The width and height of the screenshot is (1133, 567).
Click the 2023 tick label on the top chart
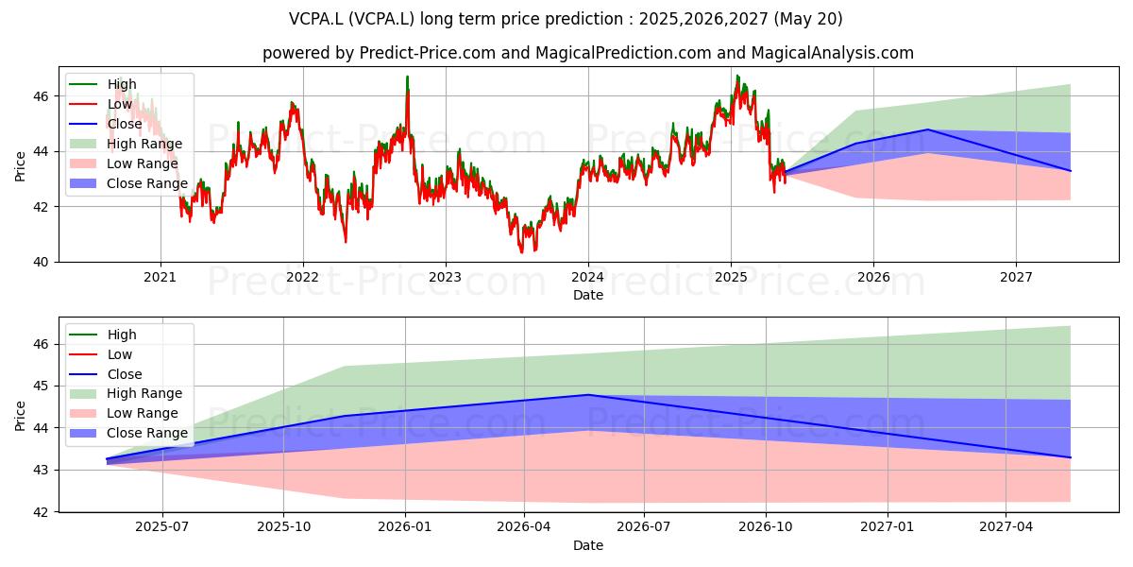click(445, 278)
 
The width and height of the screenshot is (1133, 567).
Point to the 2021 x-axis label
click(160, 278)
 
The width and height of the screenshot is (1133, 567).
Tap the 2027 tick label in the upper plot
click(1016, 278)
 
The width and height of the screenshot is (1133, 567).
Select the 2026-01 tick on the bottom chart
click(405, 527)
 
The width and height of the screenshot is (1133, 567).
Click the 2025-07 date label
click(161, 527)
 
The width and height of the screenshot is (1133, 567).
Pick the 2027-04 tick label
click(1006, 527)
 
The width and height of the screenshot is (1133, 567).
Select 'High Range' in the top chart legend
click(144, 144)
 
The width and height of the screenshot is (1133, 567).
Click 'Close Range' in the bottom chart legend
click(147, 433)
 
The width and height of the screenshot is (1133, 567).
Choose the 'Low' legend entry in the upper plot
click(119, 104)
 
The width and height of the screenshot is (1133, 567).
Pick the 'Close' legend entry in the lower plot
click(125, 374)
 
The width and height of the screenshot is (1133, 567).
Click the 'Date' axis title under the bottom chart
click(587, 545)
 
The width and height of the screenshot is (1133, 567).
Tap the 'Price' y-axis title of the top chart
click(20, 166)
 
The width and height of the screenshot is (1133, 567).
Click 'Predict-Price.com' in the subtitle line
click(428, 53)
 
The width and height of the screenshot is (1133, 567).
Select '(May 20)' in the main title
click(808, 19)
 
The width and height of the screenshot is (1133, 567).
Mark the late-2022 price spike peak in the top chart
click(408, 77)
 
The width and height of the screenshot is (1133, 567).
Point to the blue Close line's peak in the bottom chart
click(587, 394)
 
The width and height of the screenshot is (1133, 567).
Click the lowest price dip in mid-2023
click(522, 252)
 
